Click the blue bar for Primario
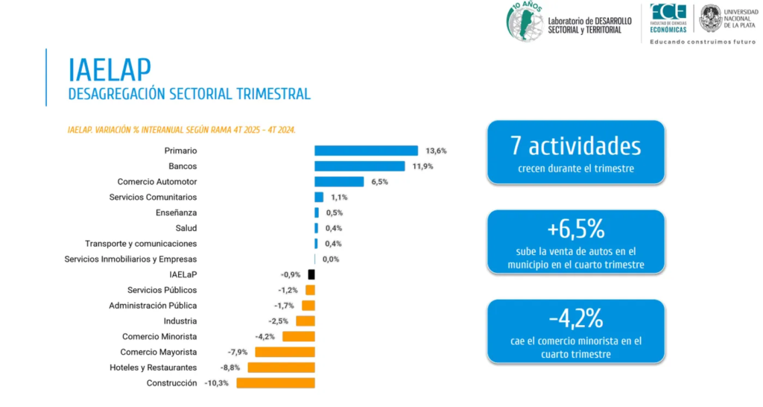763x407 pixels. [x=366, y=151]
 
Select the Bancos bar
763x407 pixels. [x=360, y=166]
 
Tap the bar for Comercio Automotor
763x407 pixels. [x=339, y=182]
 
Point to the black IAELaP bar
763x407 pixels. [x=311, y=274]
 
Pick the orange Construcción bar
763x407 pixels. [x=276, y=383]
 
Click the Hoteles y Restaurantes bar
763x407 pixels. [x=281, y=367]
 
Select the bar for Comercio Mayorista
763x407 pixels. [x=285, y=352]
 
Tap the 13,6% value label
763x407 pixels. [x=436, y=151]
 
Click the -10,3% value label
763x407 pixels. [x=217, y=383]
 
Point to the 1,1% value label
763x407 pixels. [x=339, y=198]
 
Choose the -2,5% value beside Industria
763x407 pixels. [x=279, y=321]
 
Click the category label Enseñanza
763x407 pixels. [x=176, y=212]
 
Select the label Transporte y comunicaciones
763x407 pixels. [x=141, y=244]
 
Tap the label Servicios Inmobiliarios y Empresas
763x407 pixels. [x=130, y=259]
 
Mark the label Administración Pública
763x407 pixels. [x=153, y=306]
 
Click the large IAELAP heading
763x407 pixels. [x=110, y=69]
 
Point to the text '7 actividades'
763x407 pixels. [x=576, y=146]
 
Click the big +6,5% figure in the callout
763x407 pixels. [x=576, y=229]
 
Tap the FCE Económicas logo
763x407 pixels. [x=668, y=19]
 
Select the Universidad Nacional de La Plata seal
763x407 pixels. [x=710, y=19]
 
